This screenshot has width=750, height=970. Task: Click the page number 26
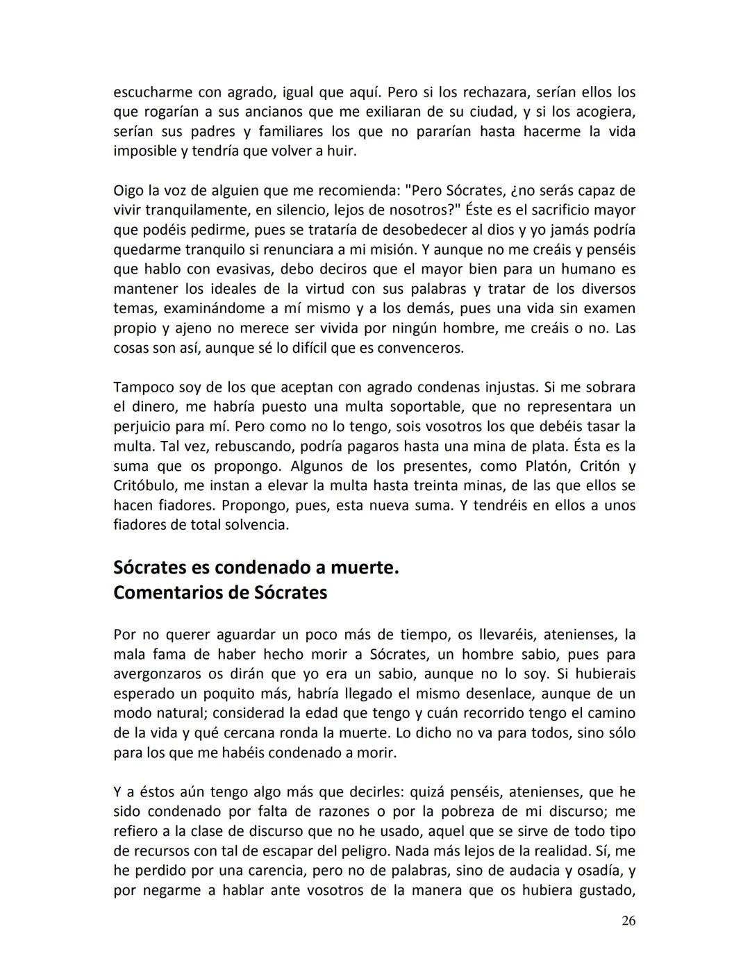[628, 921]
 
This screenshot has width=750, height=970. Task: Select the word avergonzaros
[157, 674]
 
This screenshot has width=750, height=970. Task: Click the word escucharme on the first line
[152, 92]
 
